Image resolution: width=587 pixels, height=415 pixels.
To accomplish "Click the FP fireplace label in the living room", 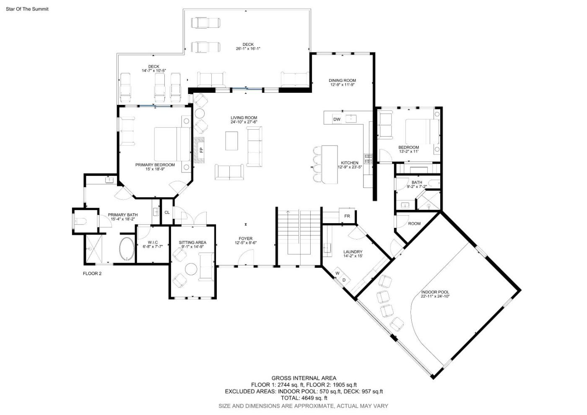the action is click(201, 150).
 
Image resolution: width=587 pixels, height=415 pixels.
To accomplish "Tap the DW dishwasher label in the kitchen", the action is click(337, 119).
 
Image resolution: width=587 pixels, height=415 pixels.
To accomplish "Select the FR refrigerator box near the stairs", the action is click(347, 216).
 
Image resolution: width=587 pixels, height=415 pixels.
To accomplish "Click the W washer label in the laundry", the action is click(338, 273).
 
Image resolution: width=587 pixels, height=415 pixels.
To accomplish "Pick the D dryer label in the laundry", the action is click(344, 280).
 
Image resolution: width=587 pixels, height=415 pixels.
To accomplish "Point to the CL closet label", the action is click(167, 212).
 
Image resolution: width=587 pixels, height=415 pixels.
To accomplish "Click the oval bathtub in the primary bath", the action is click(127, 249).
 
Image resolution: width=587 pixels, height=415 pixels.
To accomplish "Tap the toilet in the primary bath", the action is click(81, 222).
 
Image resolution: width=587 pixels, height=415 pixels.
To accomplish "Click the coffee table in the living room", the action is click(231, 141).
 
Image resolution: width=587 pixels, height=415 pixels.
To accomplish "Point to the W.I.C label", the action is click(153, 243).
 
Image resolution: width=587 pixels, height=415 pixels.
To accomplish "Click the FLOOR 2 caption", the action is click(92, 274).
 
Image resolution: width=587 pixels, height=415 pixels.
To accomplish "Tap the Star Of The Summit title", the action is click(27, 9).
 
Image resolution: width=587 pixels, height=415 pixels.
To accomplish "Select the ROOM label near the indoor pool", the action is click(414, 224).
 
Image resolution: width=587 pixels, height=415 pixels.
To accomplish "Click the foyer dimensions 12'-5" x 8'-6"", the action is click(246, 243).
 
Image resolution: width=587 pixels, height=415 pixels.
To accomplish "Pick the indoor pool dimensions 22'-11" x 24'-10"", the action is click(435, 296).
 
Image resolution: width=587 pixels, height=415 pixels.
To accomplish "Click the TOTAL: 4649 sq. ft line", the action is click(304, 398).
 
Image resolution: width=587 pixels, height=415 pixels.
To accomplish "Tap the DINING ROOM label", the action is click(343, 81).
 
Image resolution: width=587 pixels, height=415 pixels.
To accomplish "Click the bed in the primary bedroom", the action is click(172, 144).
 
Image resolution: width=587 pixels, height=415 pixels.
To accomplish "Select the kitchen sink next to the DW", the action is click(351, 119).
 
